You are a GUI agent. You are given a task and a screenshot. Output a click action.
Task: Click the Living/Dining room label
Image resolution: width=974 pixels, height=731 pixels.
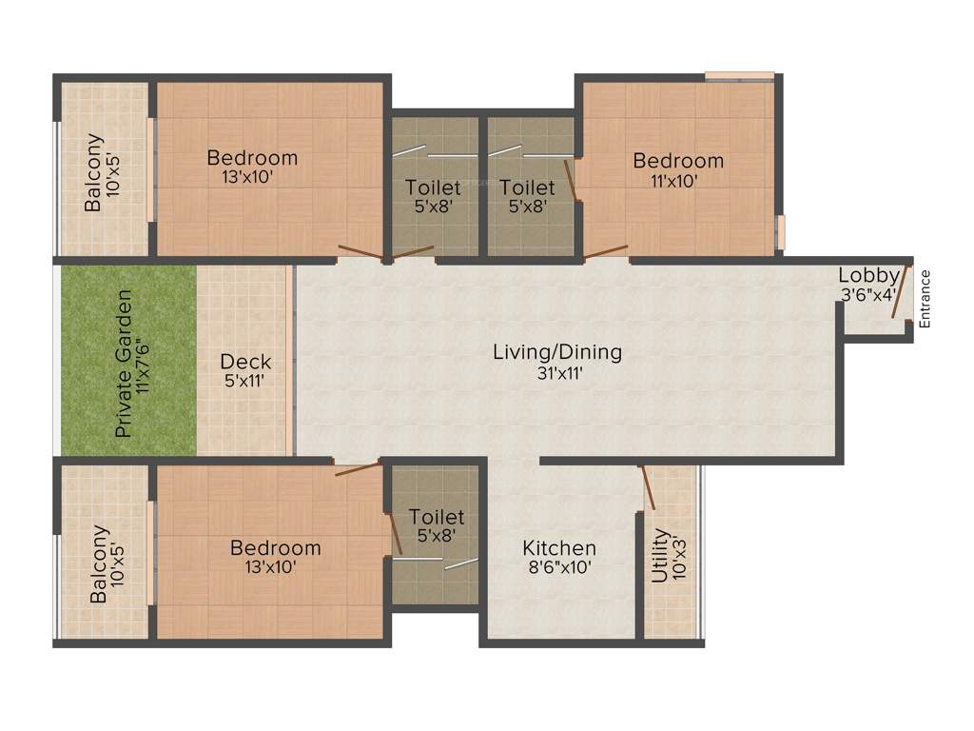(557, 352)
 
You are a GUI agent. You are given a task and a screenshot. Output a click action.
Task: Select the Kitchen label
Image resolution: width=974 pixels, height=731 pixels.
(559, 548)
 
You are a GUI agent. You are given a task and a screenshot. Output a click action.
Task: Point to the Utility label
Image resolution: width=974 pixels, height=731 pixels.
(659, 556)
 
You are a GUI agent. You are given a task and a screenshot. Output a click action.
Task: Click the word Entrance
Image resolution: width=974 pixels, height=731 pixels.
(925, 299)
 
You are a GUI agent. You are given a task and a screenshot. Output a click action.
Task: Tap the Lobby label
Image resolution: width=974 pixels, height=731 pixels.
(867, 276)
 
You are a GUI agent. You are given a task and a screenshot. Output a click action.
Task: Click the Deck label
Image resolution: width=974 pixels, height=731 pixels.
(245, 362)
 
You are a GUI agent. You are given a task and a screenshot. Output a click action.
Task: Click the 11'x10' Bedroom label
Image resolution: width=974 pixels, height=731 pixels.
(678, 161)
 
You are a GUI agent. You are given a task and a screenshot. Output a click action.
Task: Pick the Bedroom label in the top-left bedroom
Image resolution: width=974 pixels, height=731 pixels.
(252, 158)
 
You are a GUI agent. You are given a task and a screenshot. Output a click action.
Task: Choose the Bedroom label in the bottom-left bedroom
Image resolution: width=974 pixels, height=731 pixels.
(275, 548)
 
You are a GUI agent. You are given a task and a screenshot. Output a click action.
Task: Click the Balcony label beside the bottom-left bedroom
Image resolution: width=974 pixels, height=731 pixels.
(99, 564)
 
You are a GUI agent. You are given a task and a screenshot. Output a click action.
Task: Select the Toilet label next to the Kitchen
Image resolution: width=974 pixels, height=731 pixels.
(437, 517)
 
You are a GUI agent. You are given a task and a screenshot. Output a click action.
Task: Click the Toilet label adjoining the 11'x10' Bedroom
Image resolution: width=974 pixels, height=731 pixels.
(527, 188)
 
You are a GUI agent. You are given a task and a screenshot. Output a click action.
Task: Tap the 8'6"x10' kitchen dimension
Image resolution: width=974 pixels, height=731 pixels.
(559, 567)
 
